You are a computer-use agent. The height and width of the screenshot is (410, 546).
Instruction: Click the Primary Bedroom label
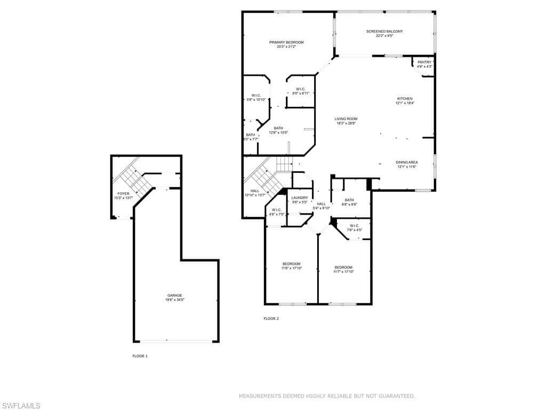click(x=286, y=42)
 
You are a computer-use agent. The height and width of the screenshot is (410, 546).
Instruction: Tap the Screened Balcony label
click(x=384, y=31)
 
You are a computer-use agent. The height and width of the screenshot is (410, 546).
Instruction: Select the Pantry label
click(x=424, y=62)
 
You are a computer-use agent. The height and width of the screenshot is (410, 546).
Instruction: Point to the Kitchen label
click(x=405, y=99)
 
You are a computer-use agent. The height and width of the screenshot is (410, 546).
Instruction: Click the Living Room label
click(x=346, y=119)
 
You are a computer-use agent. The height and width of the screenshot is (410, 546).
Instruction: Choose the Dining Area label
click(x=406, y=162)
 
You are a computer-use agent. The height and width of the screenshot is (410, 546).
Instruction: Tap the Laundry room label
click(x=300, y=198)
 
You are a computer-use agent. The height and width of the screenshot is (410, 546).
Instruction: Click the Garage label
click(x=175, y=295)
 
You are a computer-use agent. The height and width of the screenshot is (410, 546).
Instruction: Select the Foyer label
click(x=123, y=194)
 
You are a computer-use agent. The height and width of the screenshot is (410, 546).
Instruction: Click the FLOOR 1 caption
click(x=140, y=356)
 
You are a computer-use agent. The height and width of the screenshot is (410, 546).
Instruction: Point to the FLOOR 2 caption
click(x=271, y=319)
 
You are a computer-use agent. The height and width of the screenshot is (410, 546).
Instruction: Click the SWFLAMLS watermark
click(x=21, y=406)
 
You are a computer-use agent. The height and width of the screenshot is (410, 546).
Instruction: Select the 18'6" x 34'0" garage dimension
click(x=175, y=300)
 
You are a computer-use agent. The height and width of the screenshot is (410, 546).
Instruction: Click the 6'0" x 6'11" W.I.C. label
click(x=300, y=93)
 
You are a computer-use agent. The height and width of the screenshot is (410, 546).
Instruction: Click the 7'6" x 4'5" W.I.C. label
click(x=355, y=230)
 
